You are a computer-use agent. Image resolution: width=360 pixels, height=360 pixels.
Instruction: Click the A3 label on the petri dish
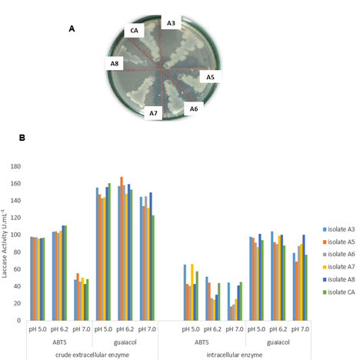(x=171, y=24)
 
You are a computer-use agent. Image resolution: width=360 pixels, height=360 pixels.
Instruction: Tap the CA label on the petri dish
(x=134, y=31)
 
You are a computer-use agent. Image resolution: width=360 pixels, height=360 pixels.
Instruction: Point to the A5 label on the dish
(x=210, y=77)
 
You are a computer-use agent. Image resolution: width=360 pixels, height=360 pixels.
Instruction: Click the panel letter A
(x=72, y=28)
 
